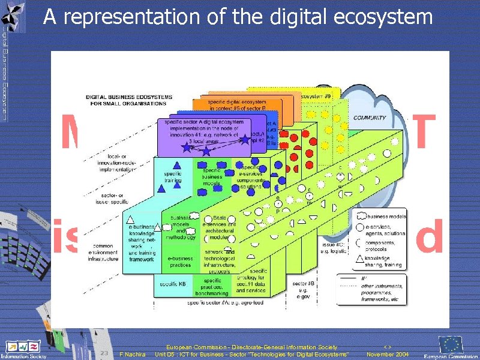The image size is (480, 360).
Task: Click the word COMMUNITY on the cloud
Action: pos(369,118)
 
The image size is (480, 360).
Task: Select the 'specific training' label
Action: pos(173,177)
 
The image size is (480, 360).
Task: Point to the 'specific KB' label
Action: pos(172,283)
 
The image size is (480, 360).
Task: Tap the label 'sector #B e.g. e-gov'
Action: pos(304,289)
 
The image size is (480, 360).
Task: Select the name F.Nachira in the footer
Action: pos(133,355)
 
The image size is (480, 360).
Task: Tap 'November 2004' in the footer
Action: pos(388,355)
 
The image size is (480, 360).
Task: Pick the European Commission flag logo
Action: pos(451,345)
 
